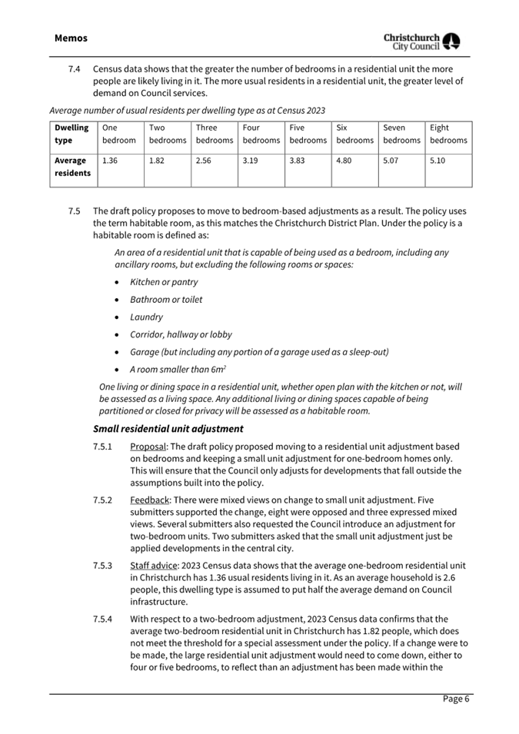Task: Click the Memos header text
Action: (x=72, y=38)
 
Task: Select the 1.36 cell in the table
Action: (x=111, y=161)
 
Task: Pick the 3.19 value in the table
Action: (x=250, y=161)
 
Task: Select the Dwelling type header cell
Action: (x=72, y=134)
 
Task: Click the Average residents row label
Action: (x=72, y=167)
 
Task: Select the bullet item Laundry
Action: (x=146, y=317)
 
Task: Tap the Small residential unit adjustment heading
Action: (x=168, y=428)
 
